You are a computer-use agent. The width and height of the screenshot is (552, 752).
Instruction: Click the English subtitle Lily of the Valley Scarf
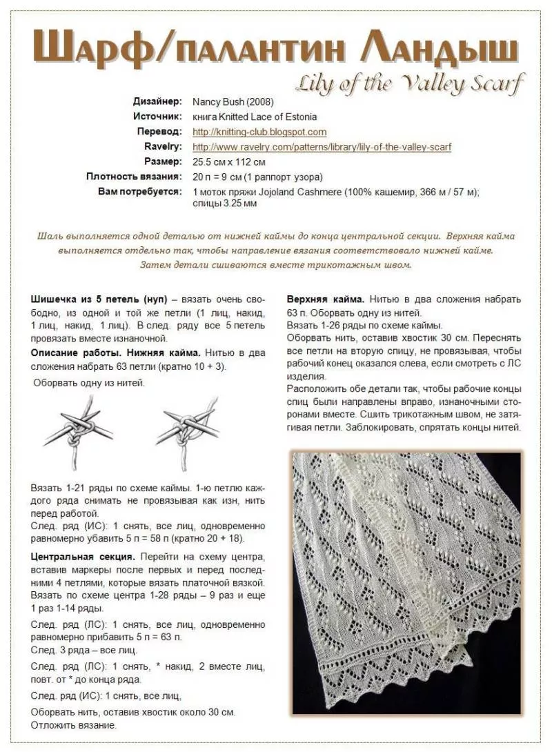click(x=410, y=84)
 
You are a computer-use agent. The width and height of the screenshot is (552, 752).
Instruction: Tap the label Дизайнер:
click(x=158, y=101)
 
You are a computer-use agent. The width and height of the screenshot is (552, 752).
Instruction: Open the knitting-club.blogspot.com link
click(x=259, y=132)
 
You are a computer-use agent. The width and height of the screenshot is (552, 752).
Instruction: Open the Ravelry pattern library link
click(x=322, y=147)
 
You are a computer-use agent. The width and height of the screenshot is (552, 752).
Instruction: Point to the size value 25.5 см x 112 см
click(x=229, y=162)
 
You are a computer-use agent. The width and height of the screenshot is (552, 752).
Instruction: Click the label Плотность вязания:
click(x=135, y=177)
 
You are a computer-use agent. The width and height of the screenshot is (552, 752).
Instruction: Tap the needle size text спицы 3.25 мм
click(x=225, y=204)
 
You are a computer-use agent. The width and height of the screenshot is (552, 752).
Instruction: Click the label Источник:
click(x=157, y=117)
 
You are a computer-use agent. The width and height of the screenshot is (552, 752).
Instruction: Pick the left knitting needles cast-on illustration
click(x=77, y=428)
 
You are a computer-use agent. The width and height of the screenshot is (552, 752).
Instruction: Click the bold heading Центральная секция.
click(x=82, y=556)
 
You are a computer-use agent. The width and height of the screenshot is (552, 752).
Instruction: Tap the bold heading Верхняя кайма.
click(x=325, y=299)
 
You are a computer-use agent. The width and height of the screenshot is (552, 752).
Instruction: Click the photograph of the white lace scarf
click(x=406, y=583)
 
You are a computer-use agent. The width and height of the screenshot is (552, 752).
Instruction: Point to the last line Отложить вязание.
click(x=74, y=725)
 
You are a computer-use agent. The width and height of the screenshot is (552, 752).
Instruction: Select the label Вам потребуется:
click(x=140, y=191)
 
